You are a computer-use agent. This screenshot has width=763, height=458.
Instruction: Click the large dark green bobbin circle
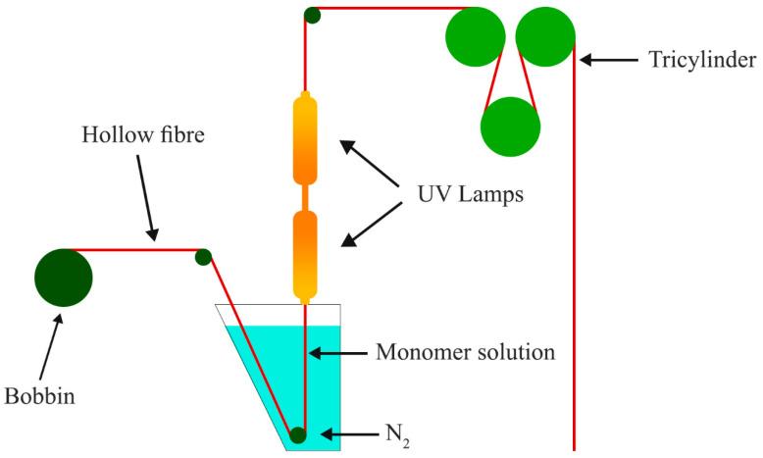[64, 278]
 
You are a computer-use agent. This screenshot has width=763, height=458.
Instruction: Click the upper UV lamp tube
[306, 139]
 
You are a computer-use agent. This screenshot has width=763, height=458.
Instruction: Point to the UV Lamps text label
[464, 194]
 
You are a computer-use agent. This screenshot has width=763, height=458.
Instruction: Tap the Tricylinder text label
[701, 61]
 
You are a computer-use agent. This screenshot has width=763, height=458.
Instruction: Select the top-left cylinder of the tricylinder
[475, 38]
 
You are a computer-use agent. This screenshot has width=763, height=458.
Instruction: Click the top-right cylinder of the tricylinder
[545, 38]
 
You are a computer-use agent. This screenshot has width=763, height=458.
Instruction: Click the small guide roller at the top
[312, 15]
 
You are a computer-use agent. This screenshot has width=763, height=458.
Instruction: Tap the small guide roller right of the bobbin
[203, 257]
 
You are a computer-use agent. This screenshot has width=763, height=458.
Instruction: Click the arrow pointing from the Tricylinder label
[607, 61]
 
